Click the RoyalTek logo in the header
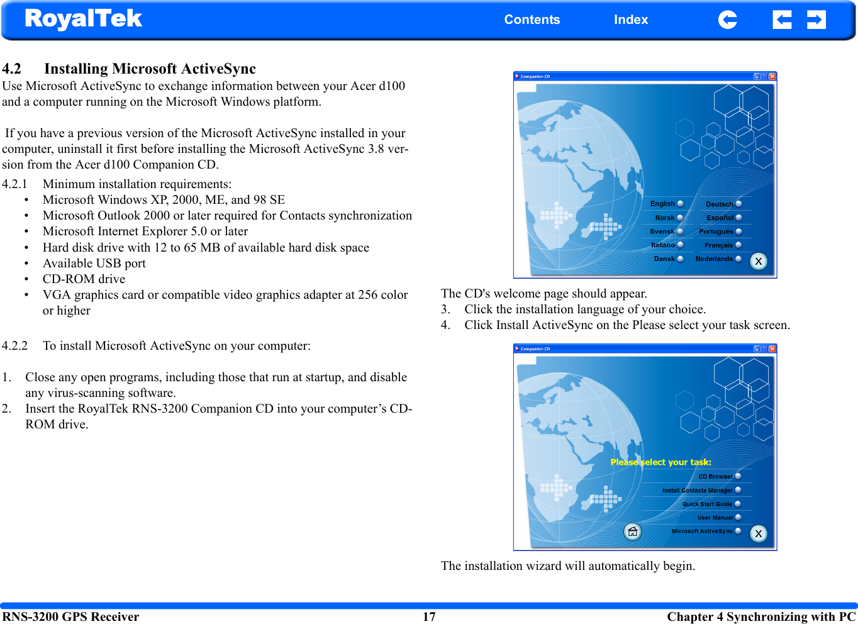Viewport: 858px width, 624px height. (83, 19)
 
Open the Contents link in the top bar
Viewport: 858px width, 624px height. (532, 19)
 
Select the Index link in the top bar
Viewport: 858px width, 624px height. (630, 19)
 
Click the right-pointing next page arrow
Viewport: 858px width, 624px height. (816, 20)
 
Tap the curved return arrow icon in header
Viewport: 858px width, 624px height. (727, 20)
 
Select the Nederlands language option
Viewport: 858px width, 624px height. (718, 259)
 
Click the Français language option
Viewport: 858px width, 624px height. (722, 245)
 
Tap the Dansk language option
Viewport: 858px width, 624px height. (668, 259)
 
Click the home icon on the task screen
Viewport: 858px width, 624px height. (633, 532)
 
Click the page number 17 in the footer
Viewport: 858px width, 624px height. (429, 616)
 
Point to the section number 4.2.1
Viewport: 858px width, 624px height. (14, 184)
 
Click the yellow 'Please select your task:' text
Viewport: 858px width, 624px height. (660, 462)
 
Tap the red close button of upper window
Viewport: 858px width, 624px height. (772, 77)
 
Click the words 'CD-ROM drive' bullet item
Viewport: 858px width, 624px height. (84, 279)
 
